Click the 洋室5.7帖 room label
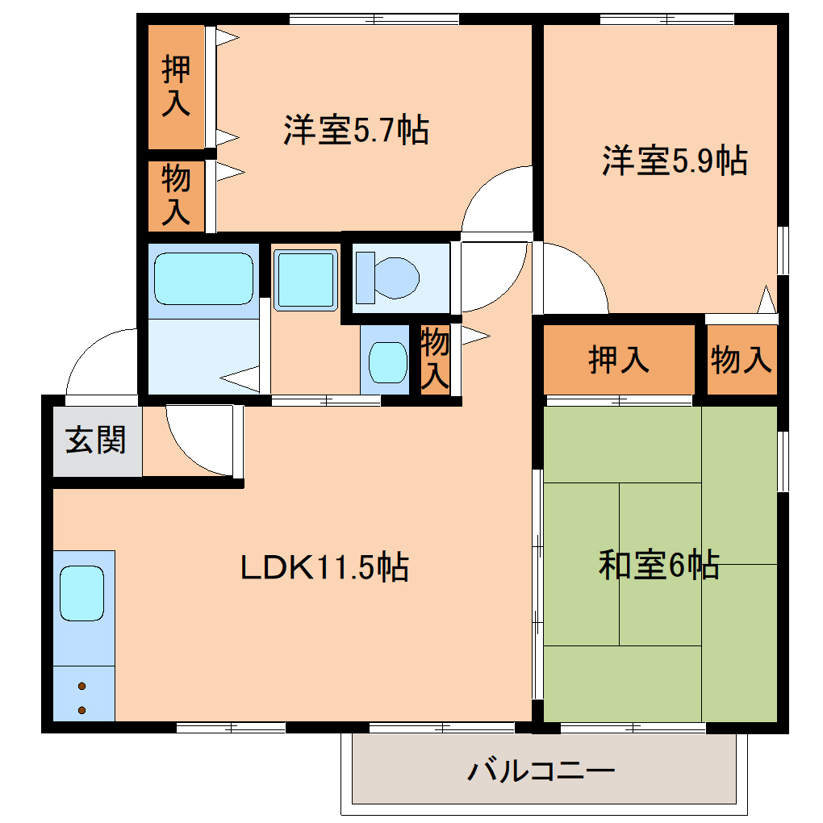(x=356, y=131)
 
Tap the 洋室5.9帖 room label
(x=674, y=161)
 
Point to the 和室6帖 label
(x=658, y=565)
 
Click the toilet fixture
(x=395, y=278)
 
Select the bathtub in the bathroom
(x=203, y=279)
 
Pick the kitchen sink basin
(x=83, y=592)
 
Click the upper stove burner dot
(x=82, y=687)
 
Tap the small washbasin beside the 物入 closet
(x=388, y=362)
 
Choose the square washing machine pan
(x=305, y=279)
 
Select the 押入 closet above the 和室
(x=619, y=359)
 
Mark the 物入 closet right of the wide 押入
(x=742, y=359)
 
